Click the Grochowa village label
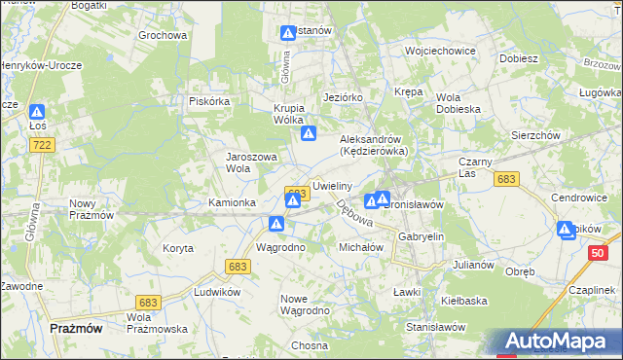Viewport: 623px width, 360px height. (x=162, y=36)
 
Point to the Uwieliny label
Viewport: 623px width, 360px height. (x=332, y=184)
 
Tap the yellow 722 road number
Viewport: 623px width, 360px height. (x=41, y=145)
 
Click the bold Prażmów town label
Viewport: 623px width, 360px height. (x=76, y=329)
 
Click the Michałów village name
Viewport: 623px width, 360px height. (x=361, y=247)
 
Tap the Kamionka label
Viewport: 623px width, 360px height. (x=232, y=202)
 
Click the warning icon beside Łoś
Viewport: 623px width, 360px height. (x=37, y=113)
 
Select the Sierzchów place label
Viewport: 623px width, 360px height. (x=535, y=136)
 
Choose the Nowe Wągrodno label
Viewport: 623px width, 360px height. (x=305, y=304)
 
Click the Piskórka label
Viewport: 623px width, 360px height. (x=208, y=100)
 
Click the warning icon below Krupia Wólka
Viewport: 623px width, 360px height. (x=309, y=134)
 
